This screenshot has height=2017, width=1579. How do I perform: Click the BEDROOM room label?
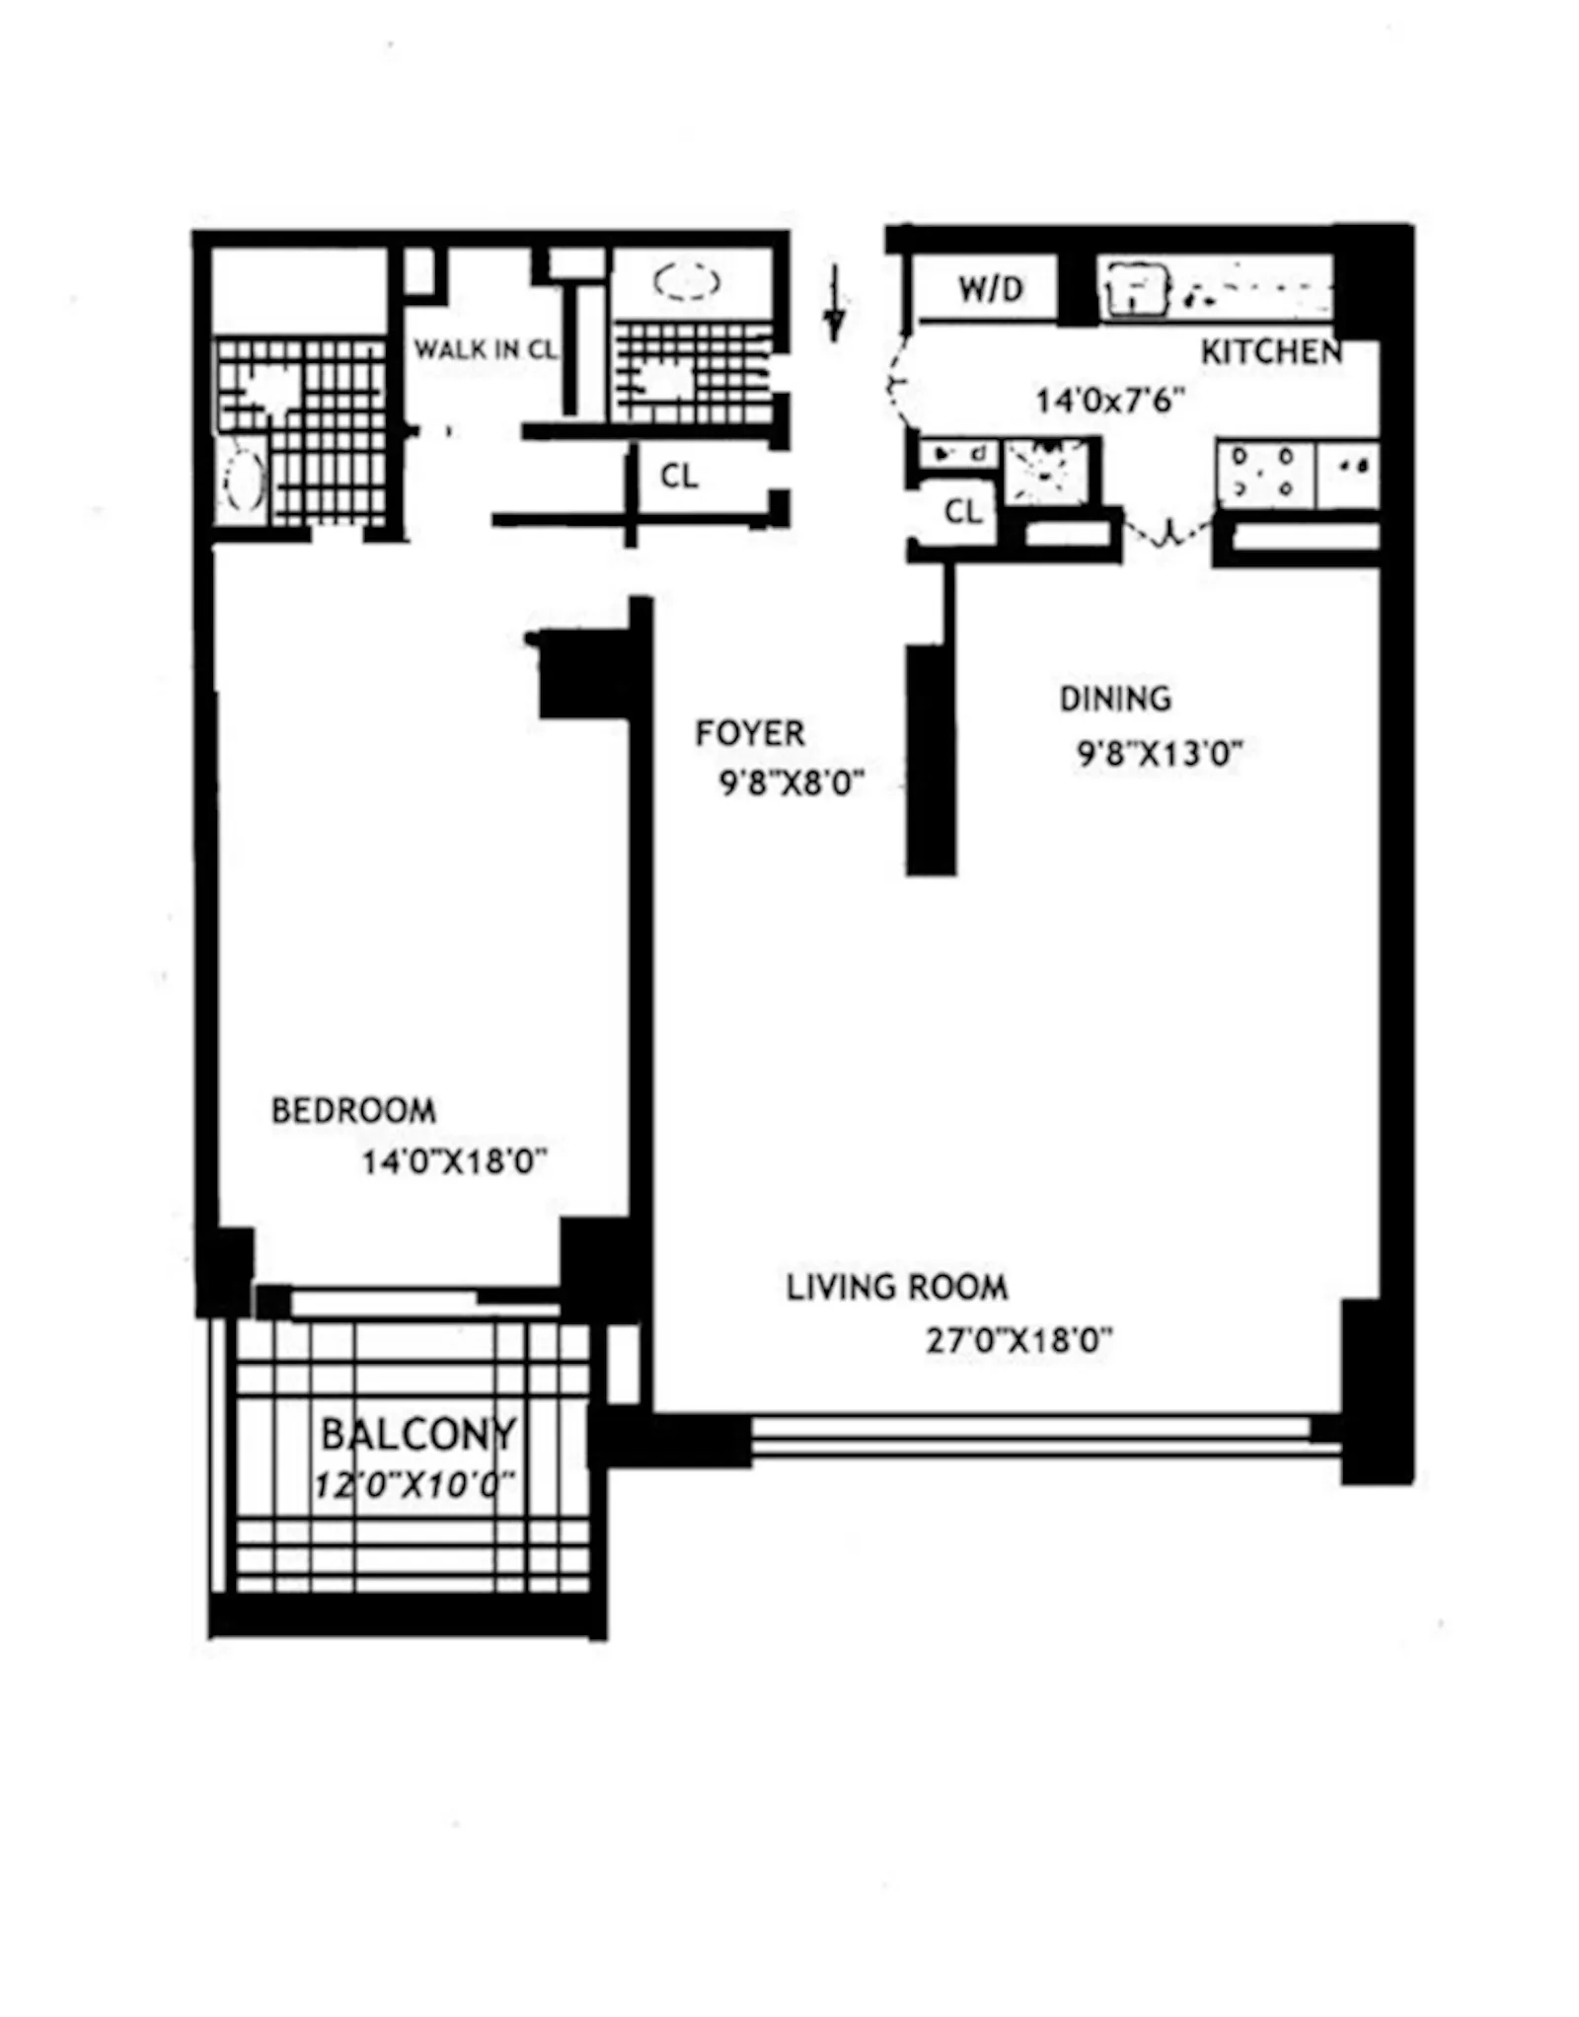pyautogui.click(x=353, y=1111)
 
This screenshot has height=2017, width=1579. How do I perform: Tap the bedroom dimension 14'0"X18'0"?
pyautogui.click(x=454, y=1162)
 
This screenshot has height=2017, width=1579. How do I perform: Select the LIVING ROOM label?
pyautogui.click(x=897, y=1288)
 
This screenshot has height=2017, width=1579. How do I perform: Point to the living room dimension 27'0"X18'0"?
pyautogui.click(x=1018, y=1340)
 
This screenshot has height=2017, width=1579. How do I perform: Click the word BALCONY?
pyautogui.click(x=418, y=1434)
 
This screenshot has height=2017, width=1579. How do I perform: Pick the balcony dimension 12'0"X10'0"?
pyautogui.click(x=414, y=1485)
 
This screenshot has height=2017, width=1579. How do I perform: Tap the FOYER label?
pyautogui.click(x=750, y=733)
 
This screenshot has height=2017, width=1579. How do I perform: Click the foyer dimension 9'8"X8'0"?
pyautogui.click(x=791, y=784)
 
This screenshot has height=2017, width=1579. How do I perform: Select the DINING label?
pyautogui.click(x=1115, y=699)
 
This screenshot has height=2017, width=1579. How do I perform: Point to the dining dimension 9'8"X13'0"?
pyautogui.click(x=1159, y=754)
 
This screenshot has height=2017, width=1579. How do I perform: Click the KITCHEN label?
pyautogui.click(x=1271, y=352)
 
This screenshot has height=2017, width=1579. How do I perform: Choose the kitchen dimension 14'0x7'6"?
pyautogui.click(x=1109, y=401)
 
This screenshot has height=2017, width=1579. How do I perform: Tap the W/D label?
pyautogui.click(x=991, y=289)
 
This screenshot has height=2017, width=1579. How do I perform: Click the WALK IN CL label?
pyautogui.click(x=485, y=349)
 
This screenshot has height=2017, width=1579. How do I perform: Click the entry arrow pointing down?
pyautogui.click(x=835, y=304)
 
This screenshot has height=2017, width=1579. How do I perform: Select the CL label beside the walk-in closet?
pyautogui.click(x=679, y=477)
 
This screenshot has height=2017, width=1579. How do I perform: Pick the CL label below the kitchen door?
pyautogui.click(x=963, y=511)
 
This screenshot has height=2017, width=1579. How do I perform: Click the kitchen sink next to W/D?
pyautogui.click(x=1135, y=289)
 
